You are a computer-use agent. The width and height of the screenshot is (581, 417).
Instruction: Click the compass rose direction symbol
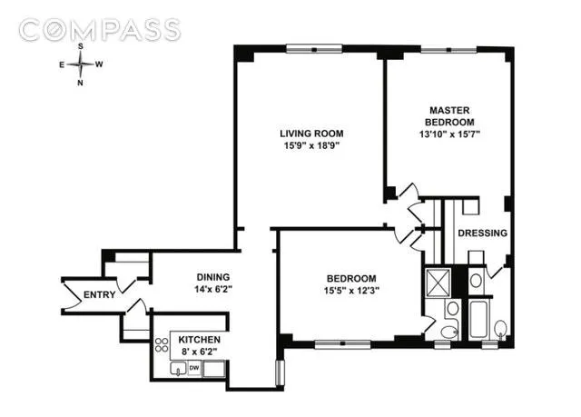point(80,64)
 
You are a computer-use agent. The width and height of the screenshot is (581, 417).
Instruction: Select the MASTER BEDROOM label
point(443,116)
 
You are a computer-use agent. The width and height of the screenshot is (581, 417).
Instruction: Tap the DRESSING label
point(482,233)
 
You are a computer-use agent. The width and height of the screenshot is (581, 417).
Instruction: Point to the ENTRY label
point(97,295)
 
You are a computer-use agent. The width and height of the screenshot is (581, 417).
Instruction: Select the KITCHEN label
point(198,339)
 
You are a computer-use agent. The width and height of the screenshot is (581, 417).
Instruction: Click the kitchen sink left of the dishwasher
point(180,369)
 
